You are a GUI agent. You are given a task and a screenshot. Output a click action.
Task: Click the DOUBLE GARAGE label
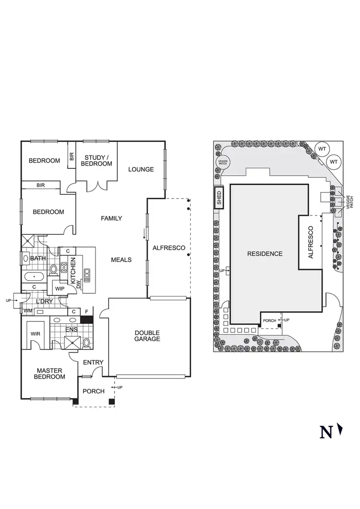coord(147,336)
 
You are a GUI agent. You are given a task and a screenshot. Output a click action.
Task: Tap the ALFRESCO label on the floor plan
coord(168,248)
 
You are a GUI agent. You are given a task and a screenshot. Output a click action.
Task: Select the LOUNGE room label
coord(141,169)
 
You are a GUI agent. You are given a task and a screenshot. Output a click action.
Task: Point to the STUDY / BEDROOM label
coord(98,161)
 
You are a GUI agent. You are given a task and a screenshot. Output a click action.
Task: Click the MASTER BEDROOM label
coord(49,373)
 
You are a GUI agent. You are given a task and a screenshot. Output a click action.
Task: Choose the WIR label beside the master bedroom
coord(35,333)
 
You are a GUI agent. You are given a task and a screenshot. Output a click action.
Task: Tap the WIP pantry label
coord(60,289)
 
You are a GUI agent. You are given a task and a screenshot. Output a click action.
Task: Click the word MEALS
coord(121,260)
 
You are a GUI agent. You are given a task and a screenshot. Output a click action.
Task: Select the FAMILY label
coord(111,219)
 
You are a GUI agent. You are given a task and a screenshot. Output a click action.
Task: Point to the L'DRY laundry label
coord(44,301)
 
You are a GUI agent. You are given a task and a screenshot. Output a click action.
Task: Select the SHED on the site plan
coord(219,197)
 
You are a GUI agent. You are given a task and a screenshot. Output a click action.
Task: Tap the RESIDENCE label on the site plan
coord(265,254)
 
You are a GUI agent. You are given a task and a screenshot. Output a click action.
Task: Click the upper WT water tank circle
coord(322,149)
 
